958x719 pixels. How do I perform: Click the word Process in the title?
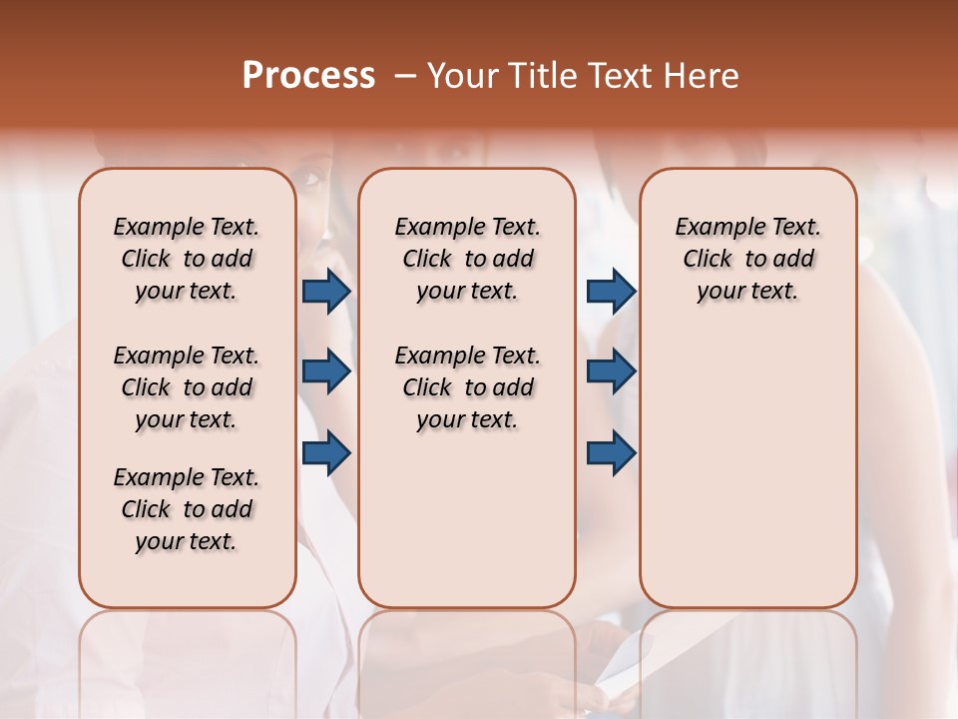click(x=308, y=76)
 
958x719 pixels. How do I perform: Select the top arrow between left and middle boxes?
click(x=326, y=292)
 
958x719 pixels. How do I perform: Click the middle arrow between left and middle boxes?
click(x=326, y=372)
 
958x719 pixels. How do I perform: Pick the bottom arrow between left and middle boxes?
click(x=326, y=453)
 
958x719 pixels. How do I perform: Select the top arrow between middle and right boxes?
click(x=611, y=292)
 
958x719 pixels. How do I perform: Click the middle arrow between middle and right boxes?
click(x=611, y=372)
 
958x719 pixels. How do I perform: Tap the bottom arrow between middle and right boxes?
click(x=611, y=453)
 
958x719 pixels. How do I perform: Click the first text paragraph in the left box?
click(x=187, y=259)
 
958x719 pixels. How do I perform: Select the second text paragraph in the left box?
click(x=187, y=387)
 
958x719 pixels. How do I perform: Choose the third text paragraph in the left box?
click(x=187, y=509)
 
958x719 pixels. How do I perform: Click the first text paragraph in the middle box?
click(x=467, y=259)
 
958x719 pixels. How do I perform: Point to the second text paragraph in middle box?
click(x=467, y=387)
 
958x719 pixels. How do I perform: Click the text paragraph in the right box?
click(x=747, y=259)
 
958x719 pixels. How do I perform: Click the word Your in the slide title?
click(x=463, y=76)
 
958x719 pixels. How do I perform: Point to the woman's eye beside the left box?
click(x=310, y=179)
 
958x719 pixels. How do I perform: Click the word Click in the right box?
click(x=708, y=260)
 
